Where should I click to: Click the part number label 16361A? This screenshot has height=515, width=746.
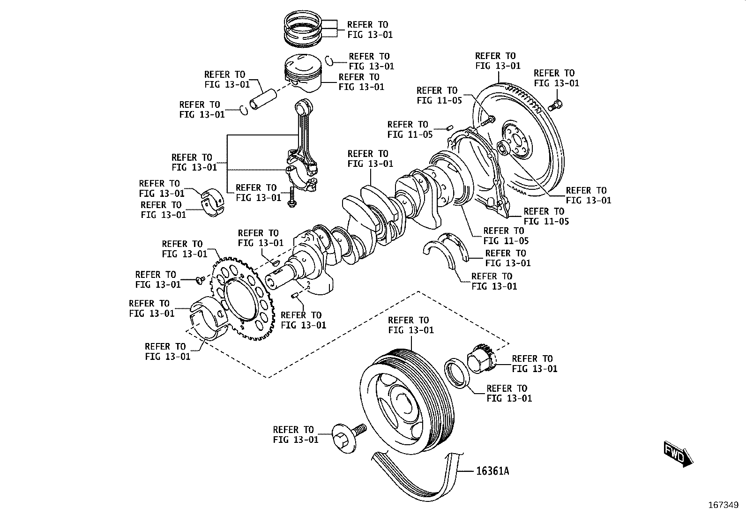492,470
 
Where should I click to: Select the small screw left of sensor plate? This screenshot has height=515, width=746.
200,280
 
